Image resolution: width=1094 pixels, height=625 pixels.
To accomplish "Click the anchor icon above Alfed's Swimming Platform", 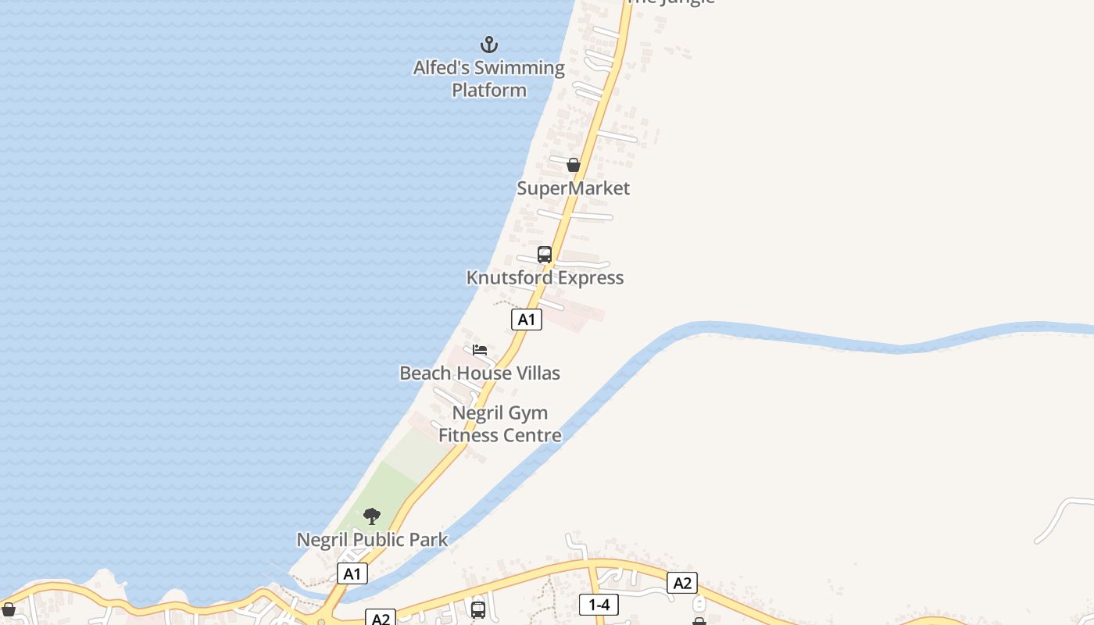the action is point(489,44).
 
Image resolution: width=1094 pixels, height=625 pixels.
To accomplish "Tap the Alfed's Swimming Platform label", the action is point(489,79).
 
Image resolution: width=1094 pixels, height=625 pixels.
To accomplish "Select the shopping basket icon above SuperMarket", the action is point(574,165).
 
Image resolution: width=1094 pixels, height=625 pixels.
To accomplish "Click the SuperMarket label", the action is point(574,188).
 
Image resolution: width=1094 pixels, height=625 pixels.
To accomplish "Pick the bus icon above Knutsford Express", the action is point(545,255).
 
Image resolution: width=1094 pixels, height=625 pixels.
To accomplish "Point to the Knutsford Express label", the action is point(545,278).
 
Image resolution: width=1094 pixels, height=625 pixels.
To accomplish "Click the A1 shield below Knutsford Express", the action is point(527,319).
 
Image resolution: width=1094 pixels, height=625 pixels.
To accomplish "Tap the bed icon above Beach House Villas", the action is point(480,350).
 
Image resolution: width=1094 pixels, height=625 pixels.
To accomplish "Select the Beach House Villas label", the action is point(480,373).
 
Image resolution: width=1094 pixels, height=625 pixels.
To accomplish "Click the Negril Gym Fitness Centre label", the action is point(500,424).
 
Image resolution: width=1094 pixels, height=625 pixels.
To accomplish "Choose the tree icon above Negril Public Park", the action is point(372,516).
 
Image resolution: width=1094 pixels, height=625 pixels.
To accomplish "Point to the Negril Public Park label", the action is point(372,540).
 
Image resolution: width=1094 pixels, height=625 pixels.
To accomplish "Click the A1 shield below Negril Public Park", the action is point(352,573).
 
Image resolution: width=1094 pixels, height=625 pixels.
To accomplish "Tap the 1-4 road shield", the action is point(599,604).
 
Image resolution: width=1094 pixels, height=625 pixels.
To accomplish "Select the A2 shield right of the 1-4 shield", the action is point(682,583).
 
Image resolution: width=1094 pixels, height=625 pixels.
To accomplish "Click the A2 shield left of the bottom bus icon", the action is point(381,619).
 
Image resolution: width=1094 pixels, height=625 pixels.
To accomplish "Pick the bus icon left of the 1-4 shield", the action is point(478,609).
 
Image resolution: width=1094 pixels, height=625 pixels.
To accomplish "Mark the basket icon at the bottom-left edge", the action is point(8,609).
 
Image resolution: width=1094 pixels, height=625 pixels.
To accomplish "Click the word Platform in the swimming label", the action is point(489,91).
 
